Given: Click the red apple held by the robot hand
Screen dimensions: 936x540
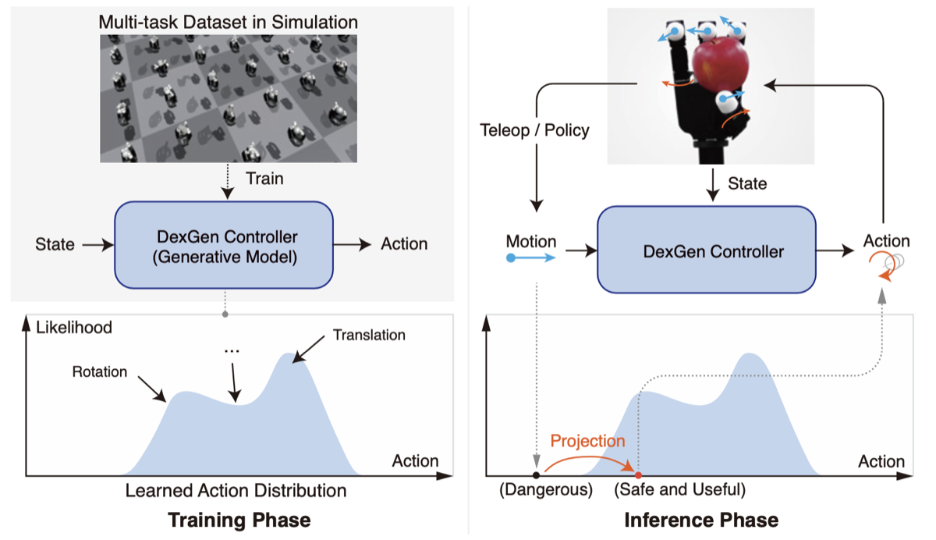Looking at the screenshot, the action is (721, 64).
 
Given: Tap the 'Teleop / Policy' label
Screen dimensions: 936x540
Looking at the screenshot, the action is (534, 130).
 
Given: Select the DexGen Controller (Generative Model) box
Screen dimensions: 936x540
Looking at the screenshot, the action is (224, 245).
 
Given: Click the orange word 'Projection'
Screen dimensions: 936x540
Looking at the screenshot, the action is (587, 441).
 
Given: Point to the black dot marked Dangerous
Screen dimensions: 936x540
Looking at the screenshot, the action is (536, 475).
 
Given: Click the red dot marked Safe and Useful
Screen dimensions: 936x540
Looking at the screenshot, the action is (638, 475).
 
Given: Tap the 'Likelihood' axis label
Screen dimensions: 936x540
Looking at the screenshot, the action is (74, 328).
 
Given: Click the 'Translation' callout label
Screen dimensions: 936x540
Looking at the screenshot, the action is (369, 336).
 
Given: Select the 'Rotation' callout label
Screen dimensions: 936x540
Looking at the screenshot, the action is (100, 372).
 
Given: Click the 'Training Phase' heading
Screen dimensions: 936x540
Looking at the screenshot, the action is (239, 520).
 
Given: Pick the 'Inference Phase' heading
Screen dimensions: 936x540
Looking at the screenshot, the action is (701, 520).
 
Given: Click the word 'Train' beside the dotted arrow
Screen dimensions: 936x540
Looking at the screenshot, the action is (264, 179).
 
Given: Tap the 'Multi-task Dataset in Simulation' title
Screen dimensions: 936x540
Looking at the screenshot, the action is (228, 22).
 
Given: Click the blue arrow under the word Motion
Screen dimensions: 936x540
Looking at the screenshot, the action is (531, 258).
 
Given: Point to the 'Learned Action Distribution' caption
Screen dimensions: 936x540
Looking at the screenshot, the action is (236, 491).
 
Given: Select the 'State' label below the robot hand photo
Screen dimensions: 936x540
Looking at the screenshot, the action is (747, 184).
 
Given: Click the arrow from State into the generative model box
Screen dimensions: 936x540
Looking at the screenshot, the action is (97, 245).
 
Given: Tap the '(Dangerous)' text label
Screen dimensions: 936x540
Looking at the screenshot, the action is (546, 490).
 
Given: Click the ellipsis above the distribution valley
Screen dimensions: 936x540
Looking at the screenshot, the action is (232, 351).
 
